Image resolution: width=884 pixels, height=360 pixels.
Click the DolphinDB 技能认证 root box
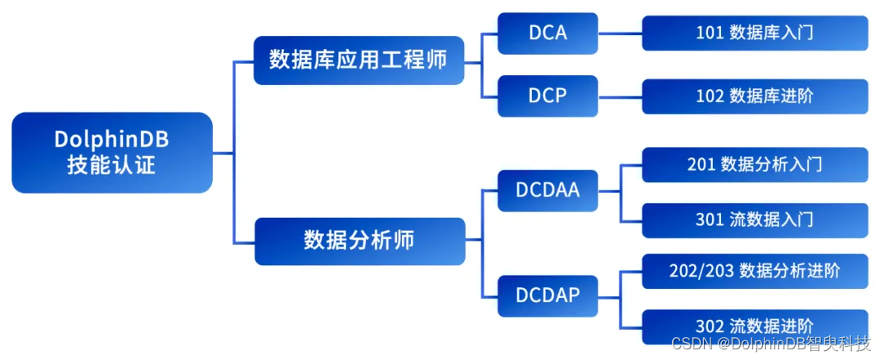click(112, 152)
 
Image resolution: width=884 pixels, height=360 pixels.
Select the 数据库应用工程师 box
click(359, 61)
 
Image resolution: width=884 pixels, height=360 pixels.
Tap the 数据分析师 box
click(359, 241)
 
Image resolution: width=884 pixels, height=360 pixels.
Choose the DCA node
click(548, 34)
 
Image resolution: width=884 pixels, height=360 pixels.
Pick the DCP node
click(548, 96)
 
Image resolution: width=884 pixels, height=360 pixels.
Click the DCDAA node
click(548, 190)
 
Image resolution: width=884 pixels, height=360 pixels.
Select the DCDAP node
click(548, 294)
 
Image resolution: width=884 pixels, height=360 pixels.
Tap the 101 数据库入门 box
click(755, 34)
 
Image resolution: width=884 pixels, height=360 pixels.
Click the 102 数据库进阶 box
click(755, 96)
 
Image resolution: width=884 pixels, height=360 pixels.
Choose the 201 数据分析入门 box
click(755, 164)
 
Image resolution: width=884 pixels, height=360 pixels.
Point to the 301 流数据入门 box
click(755, 220)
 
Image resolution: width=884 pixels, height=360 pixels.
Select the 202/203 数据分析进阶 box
click(755, 270)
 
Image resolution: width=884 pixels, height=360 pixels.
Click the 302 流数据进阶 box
click(755, 326)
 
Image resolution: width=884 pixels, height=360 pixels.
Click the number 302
click(709, 326)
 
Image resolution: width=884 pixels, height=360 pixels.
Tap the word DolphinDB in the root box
click(112, 140)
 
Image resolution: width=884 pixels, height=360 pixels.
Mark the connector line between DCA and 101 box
click(620, 34)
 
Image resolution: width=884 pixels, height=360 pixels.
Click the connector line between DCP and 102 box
click(620, 96)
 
